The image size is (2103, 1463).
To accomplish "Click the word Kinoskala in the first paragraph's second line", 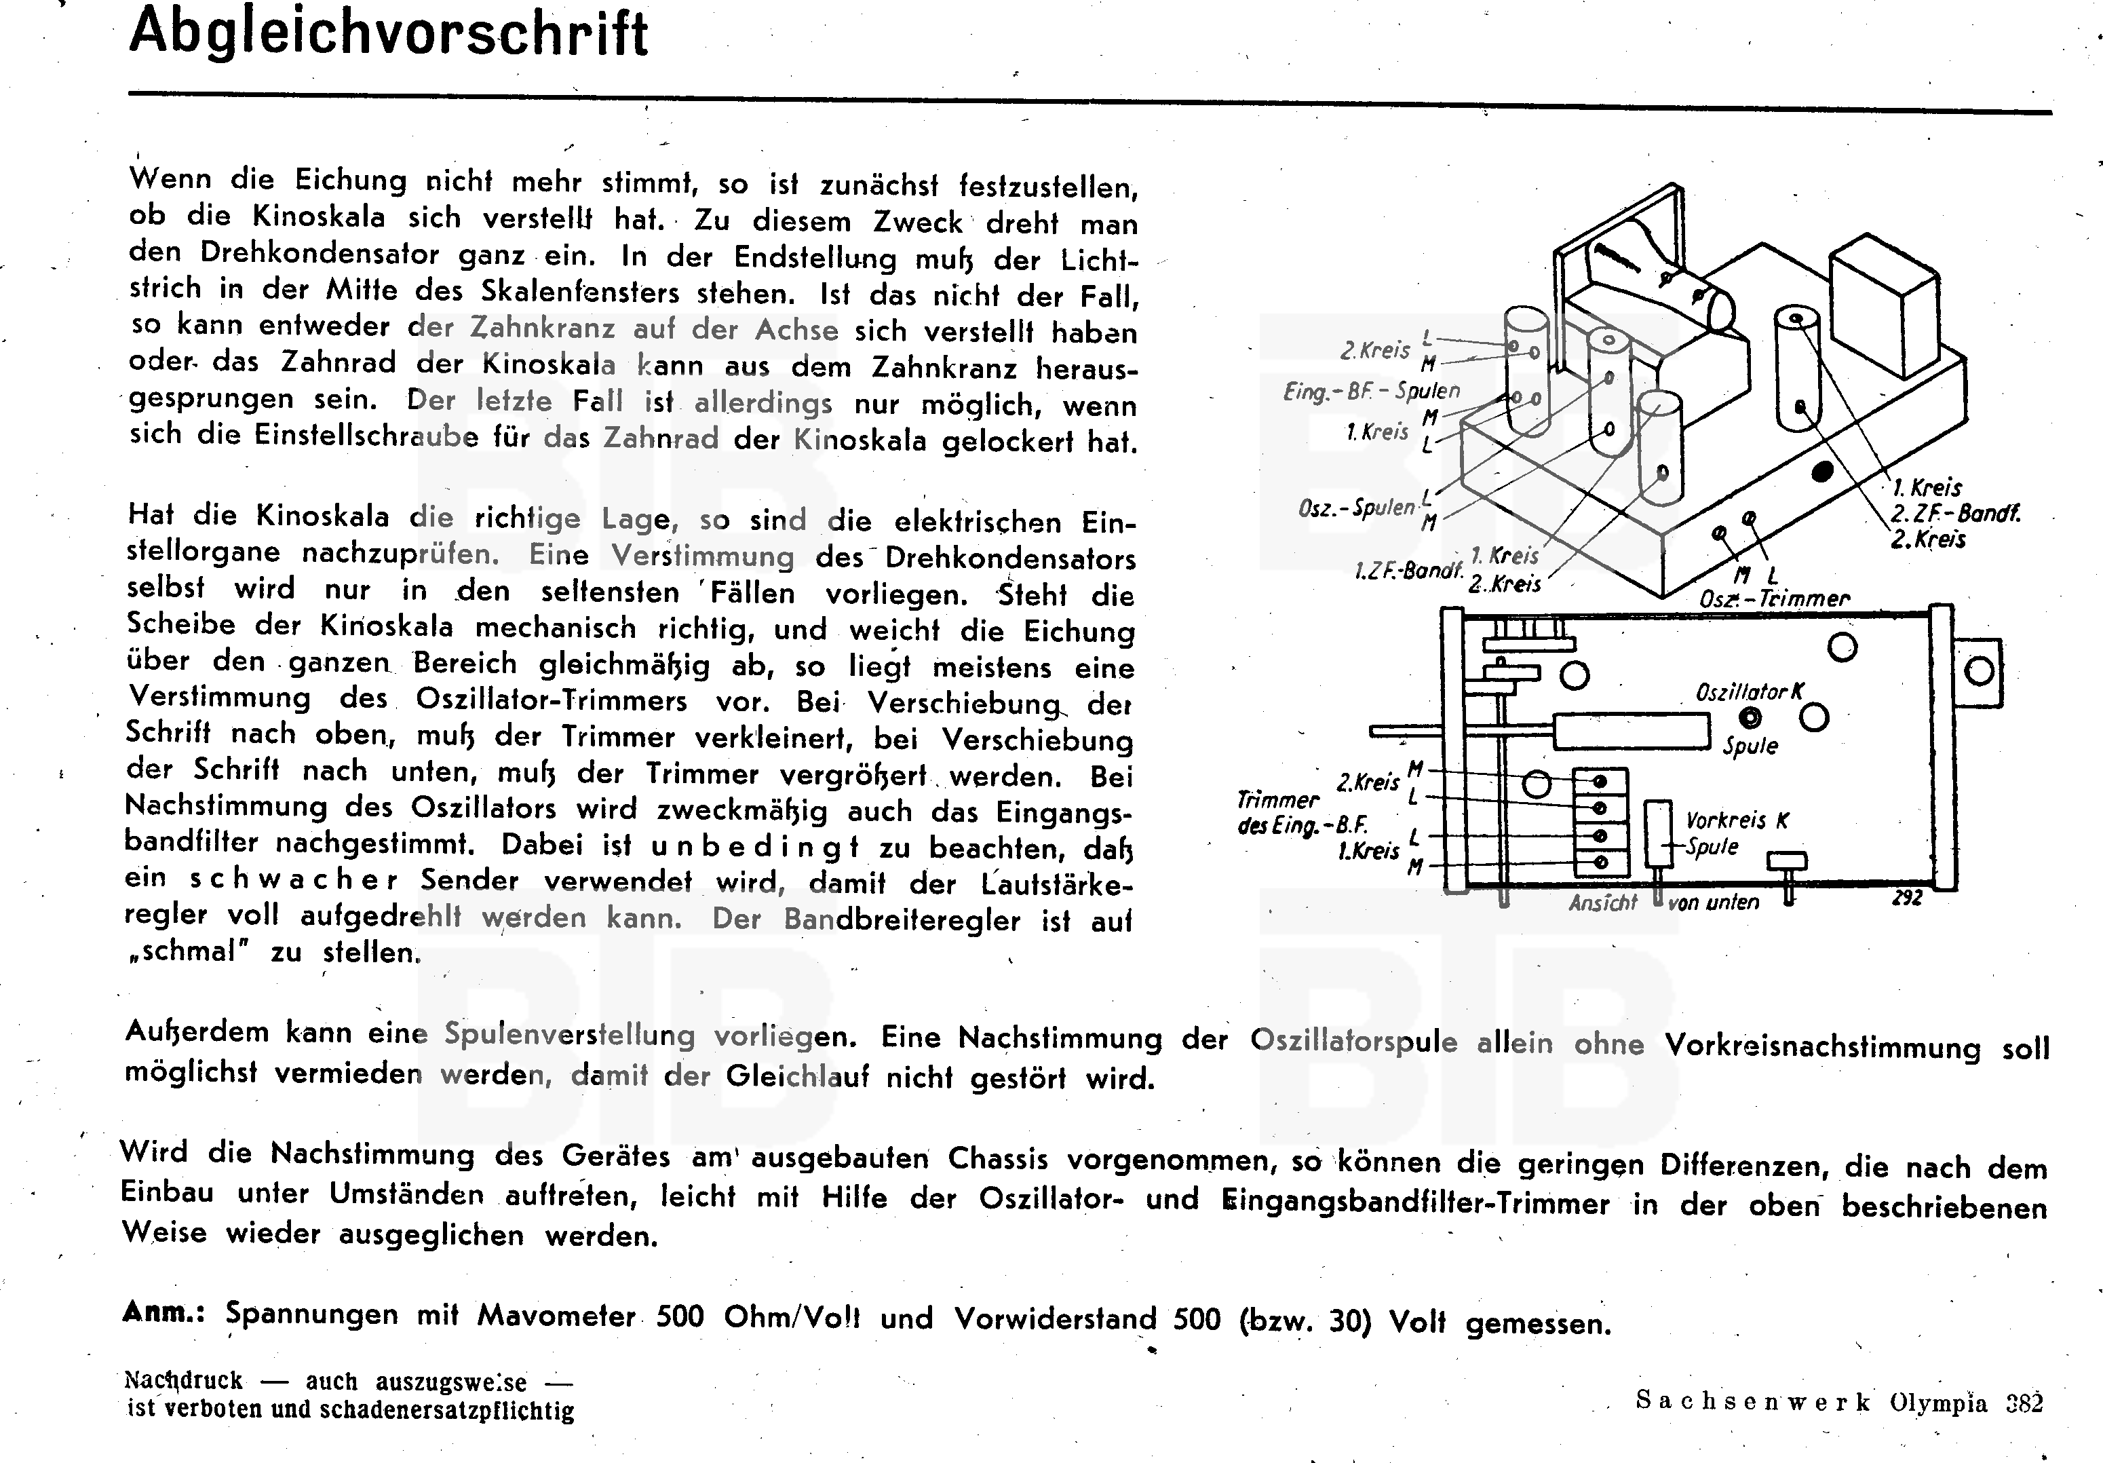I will point(319,217).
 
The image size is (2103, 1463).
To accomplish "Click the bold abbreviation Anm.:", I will point(163,1313).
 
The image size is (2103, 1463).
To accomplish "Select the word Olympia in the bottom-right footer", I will point(1938,1403).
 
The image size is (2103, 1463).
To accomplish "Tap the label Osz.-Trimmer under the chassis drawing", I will point(1774,599).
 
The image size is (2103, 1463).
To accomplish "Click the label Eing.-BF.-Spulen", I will point(1371,391).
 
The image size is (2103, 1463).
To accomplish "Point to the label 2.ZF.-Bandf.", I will point(1956,513).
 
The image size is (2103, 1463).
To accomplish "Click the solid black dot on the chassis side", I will point(1823,472).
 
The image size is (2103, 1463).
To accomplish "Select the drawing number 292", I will point(1907,898).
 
